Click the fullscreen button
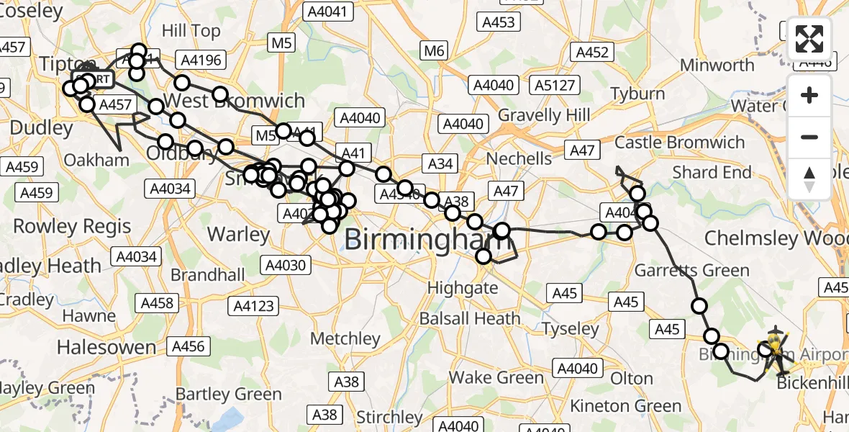coord(809,39)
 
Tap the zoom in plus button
coord(809,96)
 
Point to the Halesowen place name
coord(106,347)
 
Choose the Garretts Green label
coord(691,271)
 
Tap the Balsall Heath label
coord(473,318)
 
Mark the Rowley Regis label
coord(72,226)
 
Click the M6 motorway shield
coord(435,51)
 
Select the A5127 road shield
coord(554,86)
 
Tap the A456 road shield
coord(189,346)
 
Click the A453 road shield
coord(499,22)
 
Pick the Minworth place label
coord(717,65)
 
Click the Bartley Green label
coord(229,394)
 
